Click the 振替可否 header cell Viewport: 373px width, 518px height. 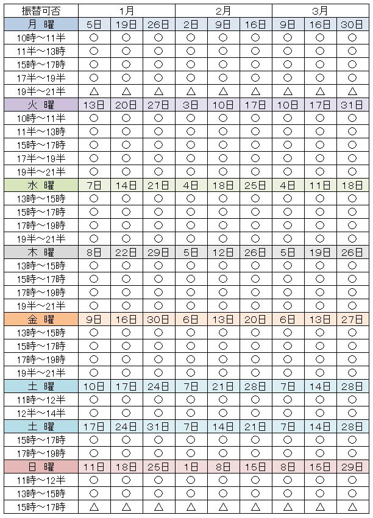[40, 10]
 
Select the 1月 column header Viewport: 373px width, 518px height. [126, 10]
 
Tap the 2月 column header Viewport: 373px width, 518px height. [223, 10]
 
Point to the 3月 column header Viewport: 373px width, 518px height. [319, 10]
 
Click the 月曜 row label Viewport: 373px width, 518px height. [40, 24]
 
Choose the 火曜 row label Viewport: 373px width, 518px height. [40, 104]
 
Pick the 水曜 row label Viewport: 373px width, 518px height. [40, 185]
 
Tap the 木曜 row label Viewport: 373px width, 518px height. [40, 252]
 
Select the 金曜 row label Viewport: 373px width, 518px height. [40, 319]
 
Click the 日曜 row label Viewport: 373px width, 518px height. [40, 466]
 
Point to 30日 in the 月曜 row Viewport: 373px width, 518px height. [352, 24]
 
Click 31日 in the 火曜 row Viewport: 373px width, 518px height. [352, 104]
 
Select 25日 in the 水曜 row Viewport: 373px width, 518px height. [255, 185]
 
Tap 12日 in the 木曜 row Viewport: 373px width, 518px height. [223, 252]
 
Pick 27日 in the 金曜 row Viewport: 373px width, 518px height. [352, 319]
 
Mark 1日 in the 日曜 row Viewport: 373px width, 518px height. [191, 466]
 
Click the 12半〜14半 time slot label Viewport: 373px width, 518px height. [40, 413]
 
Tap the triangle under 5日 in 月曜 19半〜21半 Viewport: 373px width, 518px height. [94, 91]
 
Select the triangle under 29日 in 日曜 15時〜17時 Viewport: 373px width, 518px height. [352, 506]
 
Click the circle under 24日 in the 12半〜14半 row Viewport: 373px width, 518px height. [158, 413]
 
